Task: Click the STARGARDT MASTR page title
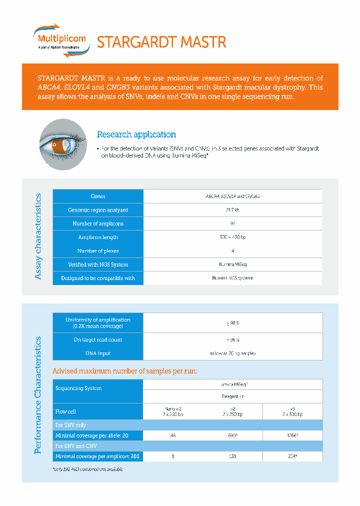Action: (x=161, y=42)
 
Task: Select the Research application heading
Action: (x=136, y=134)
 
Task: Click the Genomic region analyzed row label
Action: (x=98, y=210)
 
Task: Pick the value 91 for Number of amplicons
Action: (x=232, y=223)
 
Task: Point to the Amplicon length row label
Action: (x=98, y=237)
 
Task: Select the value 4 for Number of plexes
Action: (x=232, y=250)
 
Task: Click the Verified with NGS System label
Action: (x=98, y=264)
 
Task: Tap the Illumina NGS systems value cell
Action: (x=232, y=278)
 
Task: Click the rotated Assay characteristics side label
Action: (x=39, y=236)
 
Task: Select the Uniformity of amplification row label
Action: (x=98, y=322)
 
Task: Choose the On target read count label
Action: (x=98, y=339)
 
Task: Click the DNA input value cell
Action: (x=232, y=353)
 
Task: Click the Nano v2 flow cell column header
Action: (x=173, y=411)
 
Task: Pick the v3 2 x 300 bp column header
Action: (x=292, y=411)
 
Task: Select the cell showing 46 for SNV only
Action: (x=173, y=435)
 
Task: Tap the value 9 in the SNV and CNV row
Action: (x=173, y=456)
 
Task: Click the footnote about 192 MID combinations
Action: (x=88, y=469)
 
